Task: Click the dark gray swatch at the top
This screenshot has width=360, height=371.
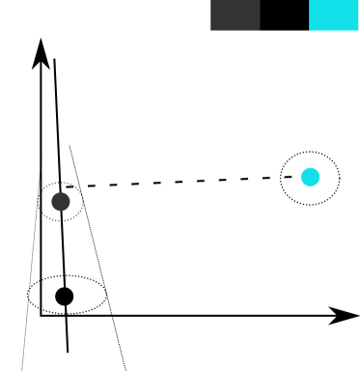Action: pyautogui.click(x=235, y=14)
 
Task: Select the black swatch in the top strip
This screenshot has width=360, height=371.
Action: pyautogui.click(x=284, y=14)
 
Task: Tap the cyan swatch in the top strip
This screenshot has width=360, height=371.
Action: pyautogui.click(x=333, y=14)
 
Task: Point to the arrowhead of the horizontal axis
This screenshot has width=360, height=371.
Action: pyautogui.click(x=347, y=315)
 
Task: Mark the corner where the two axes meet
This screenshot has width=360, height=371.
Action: pyautogui.click(x=41, y=315)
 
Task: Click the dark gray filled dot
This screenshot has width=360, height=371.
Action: pyautogui.click(x=61, y=201)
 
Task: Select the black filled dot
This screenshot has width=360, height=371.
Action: pyautogui.click(x=64, y=296)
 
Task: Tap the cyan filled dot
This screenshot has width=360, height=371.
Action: pyautogui.click(x=310, y=177)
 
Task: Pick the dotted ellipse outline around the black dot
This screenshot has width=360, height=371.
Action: pyautogui.click(x=104, y=295)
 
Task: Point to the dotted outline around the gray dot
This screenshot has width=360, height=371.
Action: pyautogui.click(x=81, y=201)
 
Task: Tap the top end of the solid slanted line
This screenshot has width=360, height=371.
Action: pyautogui.click(x=55, y=60)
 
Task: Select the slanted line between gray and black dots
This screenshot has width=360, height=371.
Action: pyautogui.click(x=62, y=249)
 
